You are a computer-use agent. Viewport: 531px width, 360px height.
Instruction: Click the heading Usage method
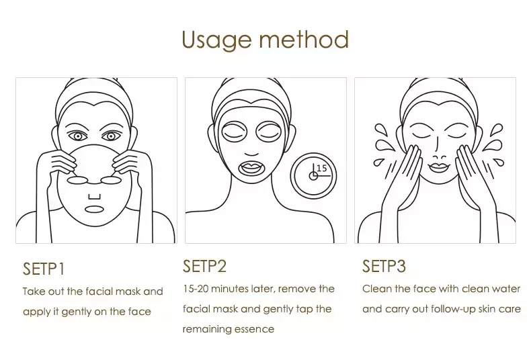[x=265, y=40]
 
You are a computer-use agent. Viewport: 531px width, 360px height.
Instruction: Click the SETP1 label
[x=44, y=269]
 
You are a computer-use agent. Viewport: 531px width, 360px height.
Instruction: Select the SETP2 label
[x=204, y=266]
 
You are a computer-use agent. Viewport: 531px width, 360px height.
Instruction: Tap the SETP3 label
[x=384, y=266]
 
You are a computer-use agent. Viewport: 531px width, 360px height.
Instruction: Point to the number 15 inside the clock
[x=321, y=168]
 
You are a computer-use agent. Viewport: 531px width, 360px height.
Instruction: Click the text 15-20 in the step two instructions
[x=196, y=289]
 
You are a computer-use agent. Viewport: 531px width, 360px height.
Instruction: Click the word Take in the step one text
[x=34, y=291]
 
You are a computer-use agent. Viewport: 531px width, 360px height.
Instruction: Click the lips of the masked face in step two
[x=251, y=167]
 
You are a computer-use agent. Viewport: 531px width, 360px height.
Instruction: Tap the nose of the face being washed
[x=440, y=157]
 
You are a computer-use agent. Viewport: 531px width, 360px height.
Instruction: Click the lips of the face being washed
[x=439, y=167]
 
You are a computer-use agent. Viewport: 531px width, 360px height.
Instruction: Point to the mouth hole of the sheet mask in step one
[x=94, y=209]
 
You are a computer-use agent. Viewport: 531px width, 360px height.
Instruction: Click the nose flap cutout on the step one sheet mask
[x=95, y=197]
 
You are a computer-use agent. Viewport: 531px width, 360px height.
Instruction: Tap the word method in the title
[x=304, y=40]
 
